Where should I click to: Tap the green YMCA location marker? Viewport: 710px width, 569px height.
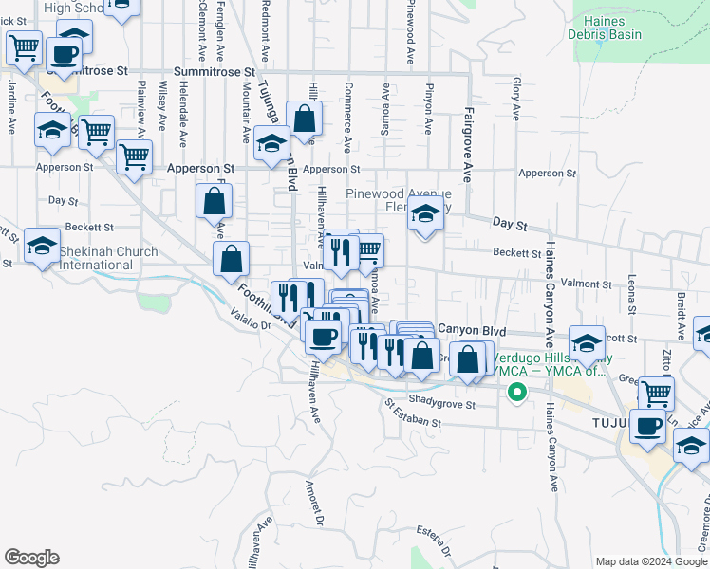tap(516, 392)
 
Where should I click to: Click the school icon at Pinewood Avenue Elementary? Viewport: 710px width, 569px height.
tap(425, 217)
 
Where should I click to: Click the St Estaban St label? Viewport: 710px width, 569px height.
tap(413, 416)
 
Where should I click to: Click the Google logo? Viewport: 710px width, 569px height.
tap(31, 557)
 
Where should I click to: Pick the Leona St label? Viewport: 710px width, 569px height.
tap(631, 295)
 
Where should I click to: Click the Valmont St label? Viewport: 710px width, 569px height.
tap(586, 284)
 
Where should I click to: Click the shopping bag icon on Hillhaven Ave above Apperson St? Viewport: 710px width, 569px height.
tap(305, 120)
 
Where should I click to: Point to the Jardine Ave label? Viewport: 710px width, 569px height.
tap(11, 100)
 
